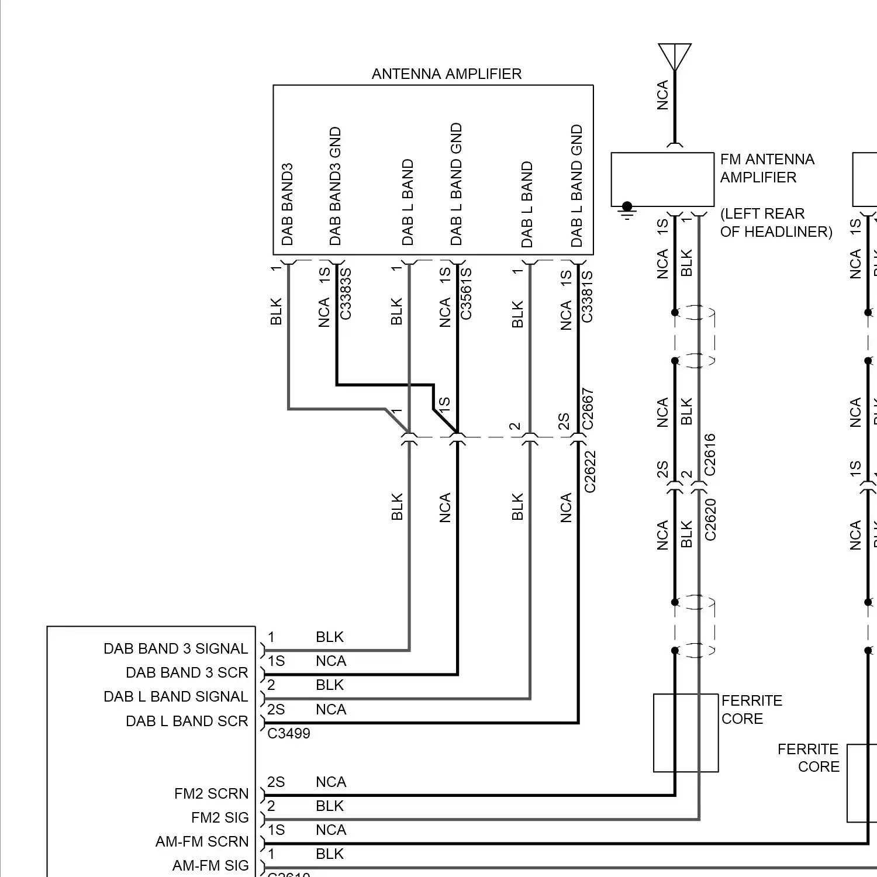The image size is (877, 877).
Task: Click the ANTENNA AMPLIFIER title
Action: tap(446, 74)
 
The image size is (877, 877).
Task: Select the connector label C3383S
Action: tap(346, 294)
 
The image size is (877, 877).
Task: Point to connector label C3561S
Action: tap(466, 294)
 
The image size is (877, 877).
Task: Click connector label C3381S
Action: tap(587, 296)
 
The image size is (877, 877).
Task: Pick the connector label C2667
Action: tap(588, 409)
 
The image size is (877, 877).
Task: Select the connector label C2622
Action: tap(590, 471)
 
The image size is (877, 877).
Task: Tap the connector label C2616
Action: tap(710, 454)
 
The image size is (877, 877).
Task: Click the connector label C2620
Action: tap(710, 519)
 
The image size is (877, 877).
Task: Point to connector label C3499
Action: tap(289, 734)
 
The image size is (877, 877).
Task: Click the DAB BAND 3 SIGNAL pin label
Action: tap(175, 649)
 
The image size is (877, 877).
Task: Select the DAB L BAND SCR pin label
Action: tap(187, 721)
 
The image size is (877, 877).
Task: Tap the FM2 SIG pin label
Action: tap(220, 817)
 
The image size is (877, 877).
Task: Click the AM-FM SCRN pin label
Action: tap(202, 842)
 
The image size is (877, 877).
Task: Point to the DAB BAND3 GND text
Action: tap(335, 186)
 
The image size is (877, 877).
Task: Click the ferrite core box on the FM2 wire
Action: tap(685, 733)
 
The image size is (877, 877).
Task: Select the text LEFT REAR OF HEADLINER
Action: tap(775, 223)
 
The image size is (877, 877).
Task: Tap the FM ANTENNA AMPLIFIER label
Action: tap(766, 168)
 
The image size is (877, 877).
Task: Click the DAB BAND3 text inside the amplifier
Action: tap(287, 204)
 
